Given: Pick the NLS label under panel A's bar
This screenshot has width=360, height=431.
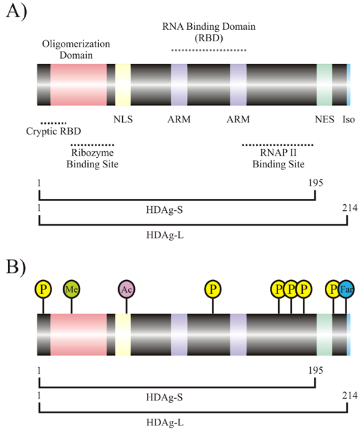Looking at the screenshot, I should pyautogui.click(x=123, y=119).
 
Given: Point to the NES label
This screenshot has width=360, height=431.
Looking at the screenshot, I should pyautogui.click(x=325, y=119).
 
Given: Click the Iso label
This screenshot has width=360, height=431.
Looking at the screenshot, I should pyautogui.click(x=349, y=119).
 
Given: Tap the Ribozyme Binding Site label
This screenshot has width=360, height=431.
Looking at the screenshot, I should pyautogui.click(x=92, y=159).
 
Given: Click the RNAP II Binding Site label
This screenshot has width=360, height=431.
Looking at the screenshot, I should pyautogui.click(x=278, y=159).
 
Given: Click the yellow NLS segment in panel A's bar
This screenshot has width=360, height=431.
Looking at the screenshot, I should pyautogui.click(x=123, y=84).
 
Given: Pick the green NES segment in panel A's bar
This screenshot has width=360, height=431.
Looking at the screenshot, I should pyautogui.click(x=324, y=84).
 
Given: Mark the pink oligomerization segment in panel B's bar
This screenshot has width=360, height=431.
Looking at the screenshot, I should pyautogui.click(x=78, y=334).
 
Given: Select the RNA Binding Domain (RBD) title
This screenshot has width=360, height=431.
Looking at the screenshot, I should pyautogui.click(x=208, y=32).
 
